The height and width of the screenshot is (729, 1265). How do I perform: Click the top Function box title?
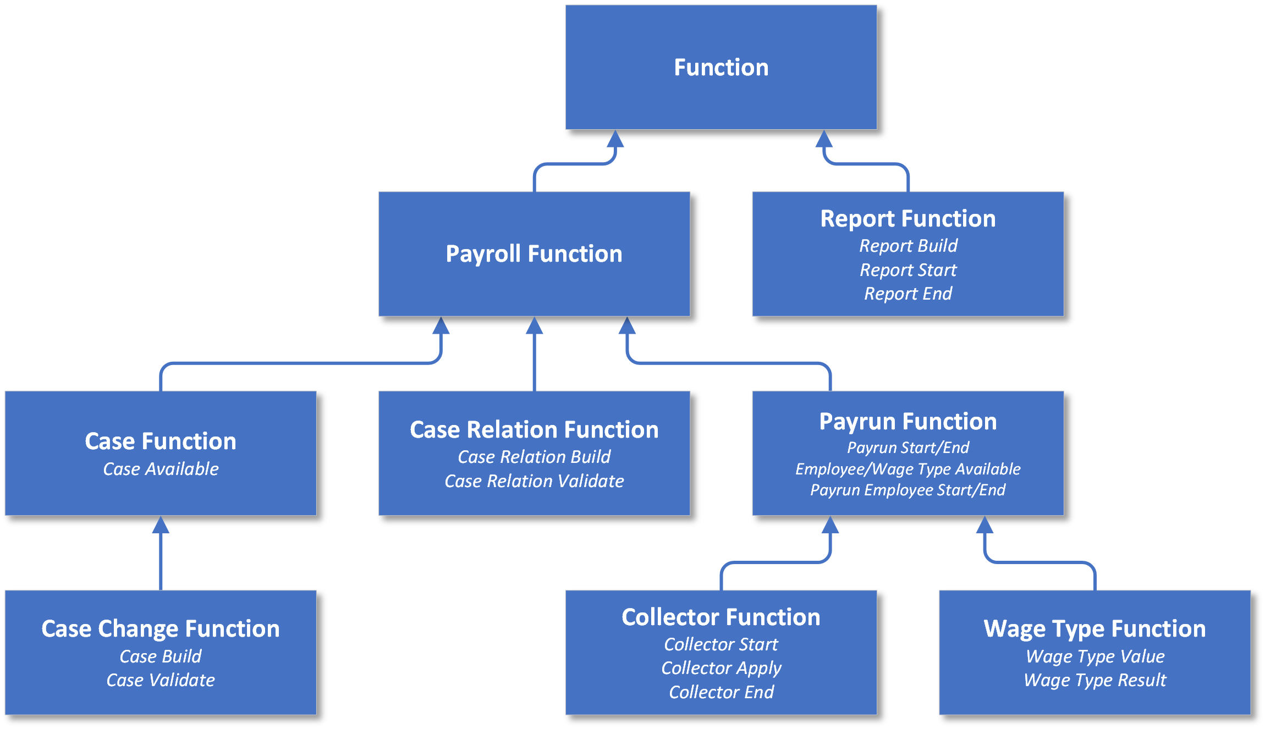point(721,68)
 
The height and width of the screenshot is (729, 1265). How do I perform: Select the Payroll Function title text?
point(533,254)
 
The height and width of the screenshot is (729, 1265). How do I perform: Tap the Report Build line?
point(908,246)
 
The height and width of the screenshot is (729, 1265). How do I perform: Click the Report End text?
point(908,294)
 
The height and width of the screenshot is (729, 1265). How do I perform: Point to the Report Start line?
point(908,270)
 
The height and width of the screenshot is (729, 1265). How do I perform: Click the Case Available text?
point(161,469)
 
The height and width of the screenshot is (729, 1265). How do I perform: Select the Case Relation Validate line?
point(533,481)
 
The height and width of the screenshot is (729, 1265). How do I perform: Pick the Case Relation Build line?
point(533,457)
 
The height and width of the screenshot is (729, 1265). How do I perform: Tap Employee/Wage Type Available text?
point(908,469)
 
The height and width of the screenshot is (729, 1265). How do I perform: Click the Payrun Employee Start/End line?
point(908,490)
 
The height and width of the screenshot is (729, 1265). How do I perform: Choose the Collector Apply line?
point(721,668)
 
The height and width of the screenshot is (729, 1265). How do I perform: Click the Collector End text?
point(721,692)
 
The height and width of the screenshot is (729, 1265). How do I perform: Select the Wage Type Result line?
point(1094,680)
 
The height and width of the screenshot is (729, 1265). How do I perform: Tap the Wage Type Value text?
point(1094,656)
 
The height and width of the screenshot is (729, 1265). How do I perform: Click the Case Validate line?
point(161,680)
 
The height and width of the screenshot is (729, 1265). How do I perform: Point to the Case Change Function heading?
point(161,629)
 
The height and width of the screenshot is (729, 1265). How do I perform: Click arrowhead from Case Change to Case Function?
point(161,526)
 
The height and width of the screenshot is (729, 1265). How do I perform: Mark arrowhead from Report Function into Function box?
point(823,140)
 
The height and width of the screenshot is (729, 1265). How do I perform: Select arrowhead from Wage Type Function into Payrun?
point(985,526)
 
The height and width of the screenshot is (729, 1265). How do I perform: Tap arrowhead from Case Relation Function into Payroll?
point(534,326)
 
